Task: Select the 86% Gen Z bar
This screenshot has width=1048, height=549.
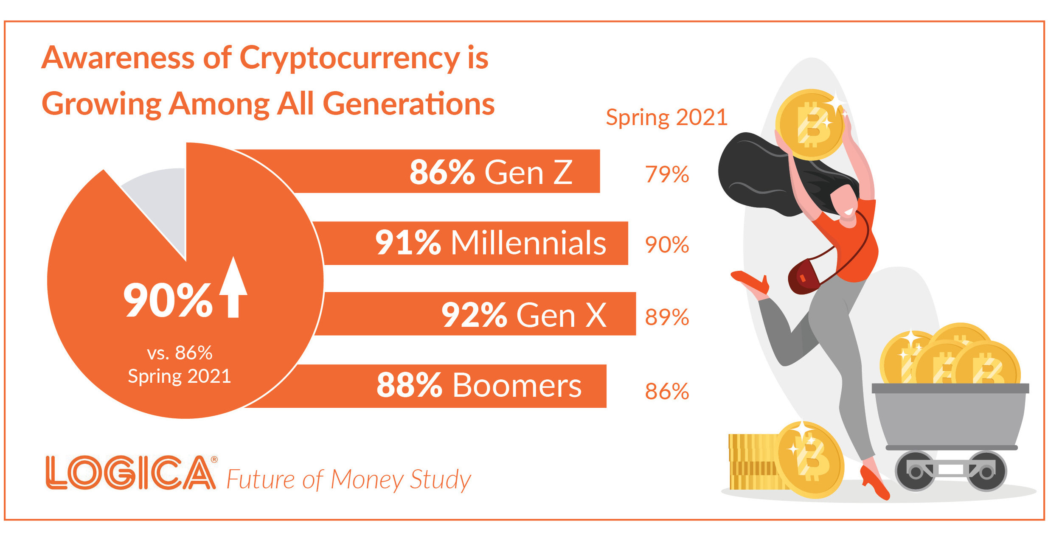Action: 446,171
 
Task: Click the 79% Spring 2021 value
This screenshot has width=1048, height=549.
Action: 667,174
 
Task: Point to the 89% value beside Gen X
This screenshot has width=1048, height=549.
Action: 667,317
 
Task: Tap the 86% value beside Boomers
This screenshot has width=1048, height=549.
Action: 667,391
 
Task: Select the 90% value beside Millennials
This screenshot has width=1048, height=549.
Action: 667,245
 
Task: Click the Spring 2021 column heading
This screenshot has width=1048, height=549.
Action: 666,118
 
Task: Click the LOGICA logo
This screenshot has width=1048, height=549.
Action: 131,473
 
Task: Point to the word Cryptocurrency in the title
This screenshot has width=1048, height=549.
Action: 350,58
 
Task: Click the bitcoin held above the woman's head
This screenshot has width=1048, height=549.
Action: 809,124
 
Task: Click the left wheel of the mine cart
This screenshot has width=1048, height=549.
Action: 915,471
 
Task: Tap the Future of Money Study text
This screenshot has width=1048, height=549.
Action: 348,480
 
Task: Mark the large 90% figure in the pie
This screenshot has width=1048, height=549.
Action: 168,300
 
